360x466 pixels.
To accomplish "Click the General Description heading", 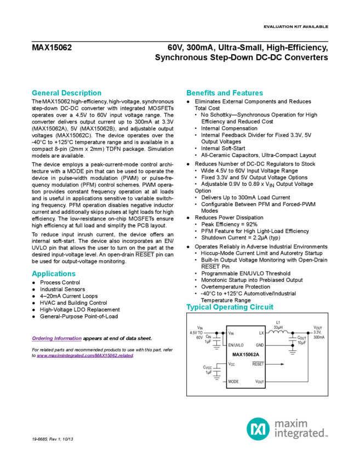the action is [x=66, y=93].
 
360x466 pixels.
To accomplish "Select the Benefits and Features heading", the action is [x=225, y=93].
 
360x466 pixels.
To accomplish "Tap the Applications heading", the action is [x=53, y=274].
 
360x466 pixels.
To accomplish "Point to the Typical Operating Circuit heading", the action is [x=230, y=308].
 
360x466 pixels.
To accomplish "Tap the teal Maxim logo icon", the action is [x=256, y=428].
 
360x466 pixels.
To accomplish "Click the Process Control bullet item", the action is [x=57, y=282].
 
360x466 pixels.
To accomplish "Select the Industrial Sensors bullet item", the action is [x=61, y=288].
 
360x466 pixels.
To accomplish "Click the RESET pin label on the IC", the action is [x=259, y=363].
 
